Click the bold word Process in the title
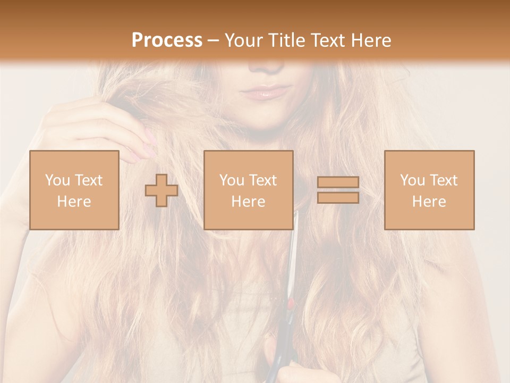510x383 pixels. click(167, 40)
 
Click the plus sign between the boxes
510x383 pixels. click(161, 190)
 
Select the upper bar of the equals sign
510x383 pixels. click(338, 182)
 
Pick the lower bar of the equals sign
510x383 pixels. click(338, 198)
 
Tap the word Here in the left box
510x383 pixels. click(74, 202)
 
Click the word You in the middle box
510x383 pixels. click(232, 180)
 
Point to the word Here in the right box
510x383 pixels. click(429, 202)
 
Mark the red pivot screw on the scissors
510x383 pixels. click(291, 304)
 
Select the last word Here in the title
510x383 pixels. click(372, 40)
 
